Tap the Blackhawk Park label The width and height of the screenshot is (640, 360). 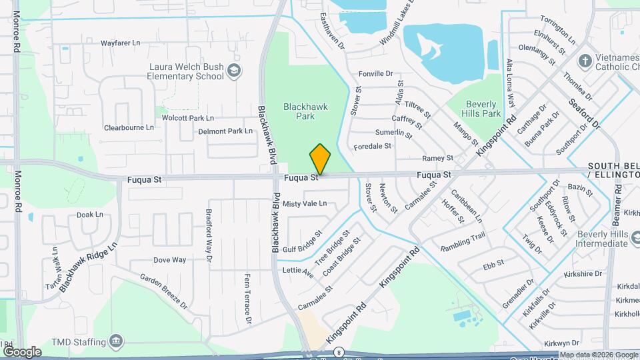tap(304, 111)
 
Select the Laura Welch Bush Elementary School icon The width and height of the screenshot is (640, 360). tap(233, 70)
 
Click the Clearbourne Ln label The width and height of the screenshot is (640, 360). tap(129, 127)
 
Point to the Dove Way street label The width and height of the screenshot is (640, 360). tap(169, 260)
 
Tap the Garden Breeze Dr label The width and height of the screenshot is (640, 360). tap(164, 290)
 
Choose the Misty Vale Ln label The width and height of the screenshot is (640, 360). tap(305, 203)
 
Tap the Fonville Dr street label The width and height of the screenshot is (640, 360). tap(377, 73)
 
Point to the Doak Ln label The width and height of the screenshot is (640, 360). tap(90, 215)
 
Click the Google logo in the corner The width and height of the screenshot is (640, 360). tap(22, 351)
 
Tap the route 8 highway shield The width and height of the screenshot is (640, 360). tap(339, 352)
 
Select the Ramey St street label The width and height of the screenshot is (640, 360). tap(438, 158)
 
